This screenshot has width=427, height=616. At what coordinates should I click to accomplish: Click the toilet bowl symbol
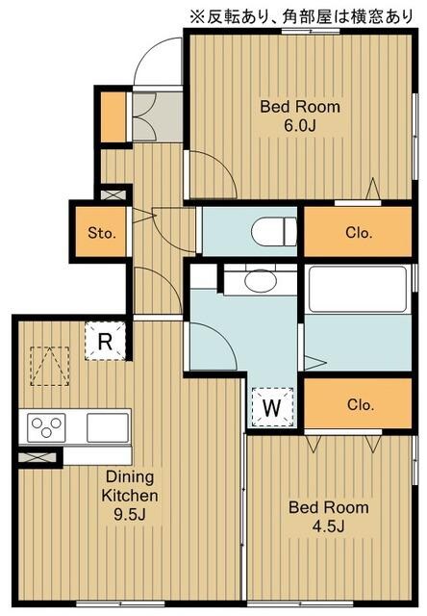tap(274, 231)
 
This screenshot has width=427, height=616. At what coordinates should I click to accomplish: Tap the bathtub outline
tap(358, 289)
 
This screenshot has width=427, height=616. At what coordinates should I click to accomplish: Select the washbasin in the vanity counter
tap(261, 280)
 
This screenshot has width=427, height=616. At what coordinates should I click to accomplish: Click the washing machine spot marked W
tap(272, 407)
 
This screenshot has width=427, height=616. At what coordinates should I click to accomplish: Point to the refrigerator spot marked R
tap(105, 341)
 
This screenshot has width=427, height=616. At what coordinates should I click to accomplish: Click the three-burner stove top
tap(46, 427)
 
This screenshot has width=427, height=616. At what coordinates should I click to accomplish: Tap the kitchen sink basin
tap(108, 427)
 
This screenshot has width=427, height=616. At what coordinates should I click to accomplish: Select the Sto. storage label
tap(102, 233)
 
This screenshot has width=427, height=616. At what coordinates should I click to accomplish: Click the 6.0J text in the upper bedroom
tap(300, 126)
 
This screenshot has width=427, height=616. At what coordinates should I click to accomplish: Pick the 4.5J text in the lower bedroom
tap(329, 526)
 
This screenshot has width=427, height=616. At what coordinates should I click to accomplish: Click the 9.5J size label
tap(130, 514)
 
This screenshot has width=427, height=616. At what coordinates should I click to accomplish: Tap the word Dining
tap(130, 477)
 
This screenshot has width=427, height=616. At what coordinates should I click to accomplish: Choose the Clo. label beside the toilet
tap(359, 233)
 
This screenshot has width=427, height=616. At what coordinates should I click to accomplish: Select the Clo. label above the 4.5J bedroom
tap(360, 404)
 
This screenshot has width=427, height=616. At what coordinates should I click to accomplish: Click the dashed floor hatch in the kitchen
tap(50, 366)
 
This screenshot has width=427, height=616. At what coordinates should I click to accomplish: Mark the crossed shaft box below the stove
tap(38, 457)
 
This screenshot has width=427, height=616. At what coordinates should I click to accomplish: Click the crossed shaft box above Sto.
tap(113, 194)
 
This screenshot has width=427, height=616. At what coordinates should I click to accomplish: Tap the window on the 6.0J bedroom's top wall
tap(311, 31)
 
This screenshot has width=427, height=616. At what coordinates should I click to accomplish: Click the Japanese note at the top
tap(301, 16)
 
